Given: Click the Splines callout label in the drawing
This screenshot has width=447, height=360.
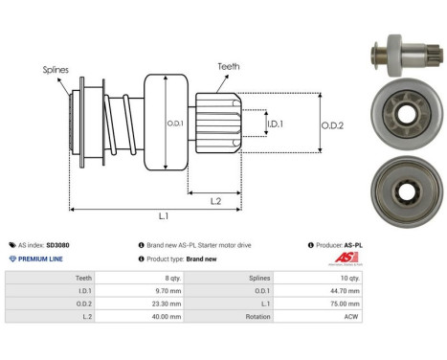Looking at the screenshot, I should (56, 70).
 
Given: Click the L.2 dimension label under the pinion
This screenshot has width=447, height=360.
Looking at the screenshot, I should (216, 199).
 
